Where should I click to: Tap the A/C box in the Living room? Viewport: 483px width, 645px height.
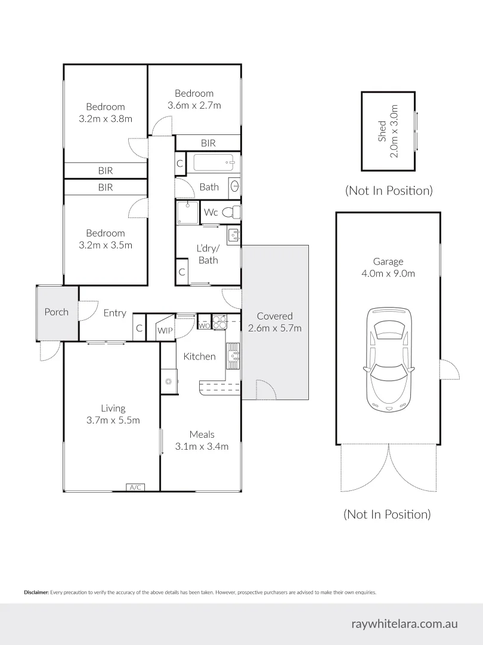[135, 487]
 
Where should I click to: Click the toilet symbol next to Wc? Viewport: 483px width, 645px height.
[236, 212]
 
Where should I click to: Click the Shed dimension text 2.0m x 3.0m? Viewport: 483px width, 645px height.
[394, 139]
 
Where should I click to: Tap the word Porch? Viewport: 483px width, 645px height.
[57, 312]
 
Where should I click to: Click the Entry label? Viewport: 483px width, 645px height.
[114, 313]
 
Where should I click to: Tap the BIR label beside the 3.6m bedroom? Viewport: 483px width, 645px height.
[208, 143]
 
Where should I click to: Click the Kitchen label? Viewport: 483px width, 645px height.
[199, 357]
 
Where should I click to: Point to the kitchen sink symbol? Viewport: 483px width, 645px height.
[233, 357]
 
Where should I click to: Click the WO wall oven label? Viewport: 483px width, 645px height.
[204, 325]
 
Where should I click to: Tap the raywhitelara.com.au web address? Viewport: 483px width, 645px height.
[404, 623]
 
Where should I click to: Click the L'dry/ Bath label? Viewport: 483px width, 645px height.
[208, 254]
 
